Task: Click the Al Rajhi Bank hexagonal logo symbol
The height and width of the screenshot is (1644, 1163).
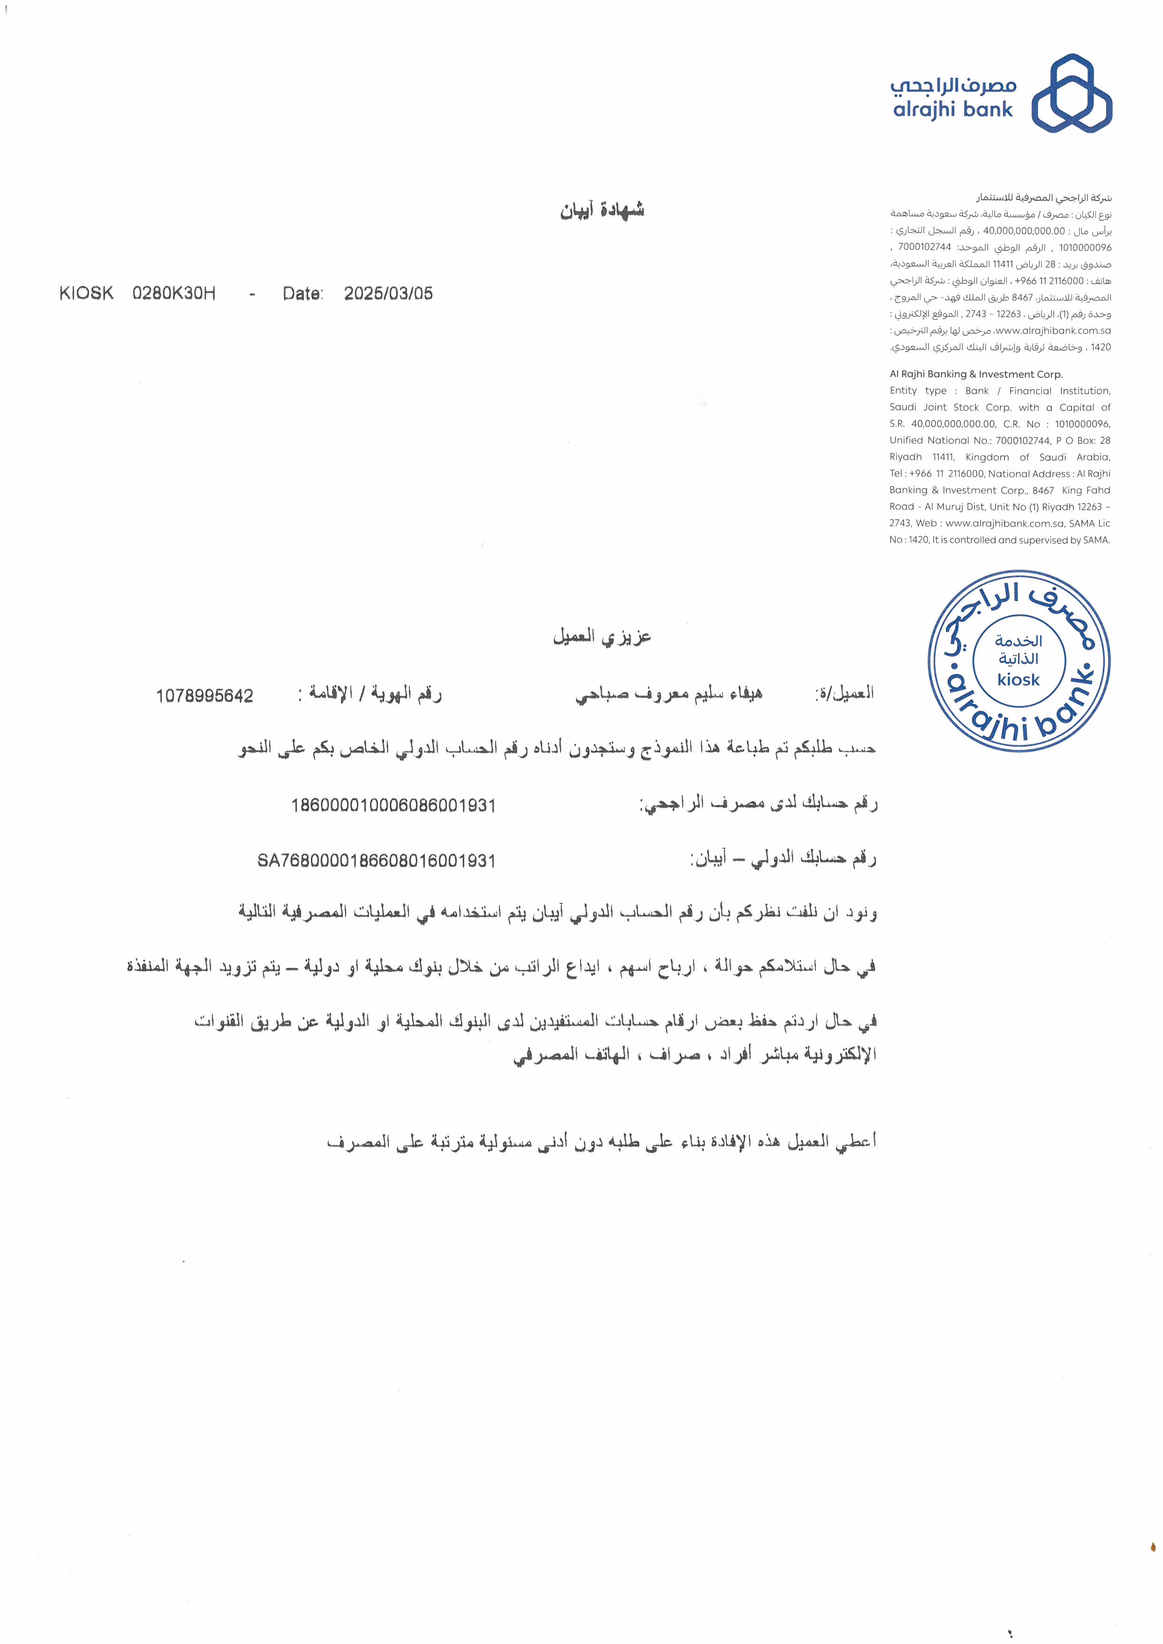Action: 1072,93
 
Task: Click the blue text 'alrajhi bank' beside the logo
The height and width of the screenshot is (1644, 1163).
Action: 952,110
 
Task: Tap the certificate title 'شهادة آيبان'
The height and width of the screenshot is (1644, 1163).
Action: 602,210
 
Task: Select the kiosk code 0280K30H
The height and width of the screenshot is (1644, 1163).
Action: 174,293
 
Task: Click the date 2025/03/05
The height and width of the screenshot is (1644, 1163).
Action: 388,293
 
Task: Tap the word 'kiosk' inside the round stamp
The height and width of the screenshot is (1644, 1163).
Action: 1019,680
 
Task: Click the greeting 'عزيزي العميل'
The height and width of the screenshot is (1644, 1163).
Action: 602,637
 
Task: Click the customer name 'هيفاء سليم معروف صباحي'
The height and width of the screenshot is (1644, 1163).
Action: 669,694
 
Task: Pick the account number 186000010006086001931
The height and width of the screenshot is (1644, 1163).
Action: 393,805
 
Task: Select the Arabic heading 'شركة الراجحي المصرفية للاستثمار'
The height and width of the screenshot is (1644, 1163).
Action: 1043,198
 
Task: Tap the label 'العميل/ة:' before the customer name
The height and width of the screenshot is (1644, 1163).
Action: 845,693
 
